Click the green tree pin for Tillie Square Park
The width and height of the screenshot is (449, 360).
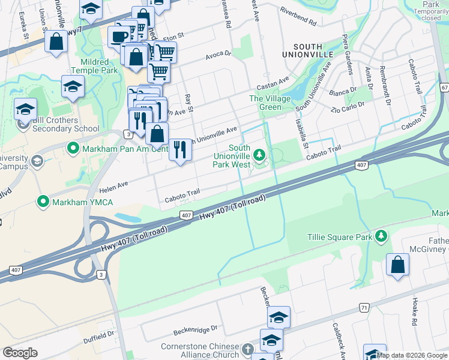[381, 237]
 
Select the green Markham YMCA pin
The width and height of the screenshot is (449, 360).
[43, 202]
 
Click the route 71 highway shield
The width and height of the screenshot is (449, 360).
[364, 307]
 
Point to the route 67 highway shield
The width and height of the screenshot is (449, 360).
[444, 88]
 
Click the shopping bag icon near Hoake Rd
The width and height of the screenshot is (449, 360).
[397, 265]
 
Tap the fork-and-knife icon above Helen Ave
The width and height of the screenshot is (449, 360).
[180, 149]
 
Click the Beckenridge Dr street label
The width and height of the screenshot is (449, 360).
[194, 331]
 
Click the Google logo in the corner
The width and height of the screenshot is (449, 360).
[20, 353]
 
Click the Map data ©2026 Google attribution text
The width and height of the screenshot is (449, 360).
[412, 355]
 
